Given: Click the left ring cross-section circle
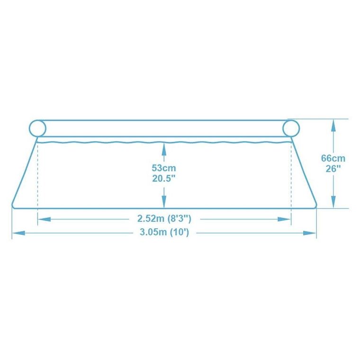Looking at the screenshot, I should click(x=37, y=128).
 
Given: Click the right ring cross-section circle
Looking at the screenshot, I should click(x=291, y=128).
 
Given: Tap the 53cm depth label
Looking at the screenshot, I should click(x=164, y=168).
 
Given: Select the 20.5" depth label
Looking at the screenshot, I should click(x=164, y=178).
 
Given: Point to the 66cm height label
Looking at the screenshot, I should click(x=333, y=158).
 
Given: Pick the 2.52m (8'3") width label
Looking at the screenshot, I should click(x=164, y=219).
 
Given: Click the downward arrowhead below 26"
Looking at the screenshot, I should click(x=333, y=201).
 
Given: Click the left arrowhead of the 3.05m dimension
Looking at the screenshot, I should click(x=18, y=233).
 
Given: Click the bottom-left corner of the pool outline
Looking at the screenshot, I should click(x=13, y=206).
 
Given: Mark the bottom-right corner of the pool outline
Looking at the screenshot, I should click(x=315, y=206).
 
